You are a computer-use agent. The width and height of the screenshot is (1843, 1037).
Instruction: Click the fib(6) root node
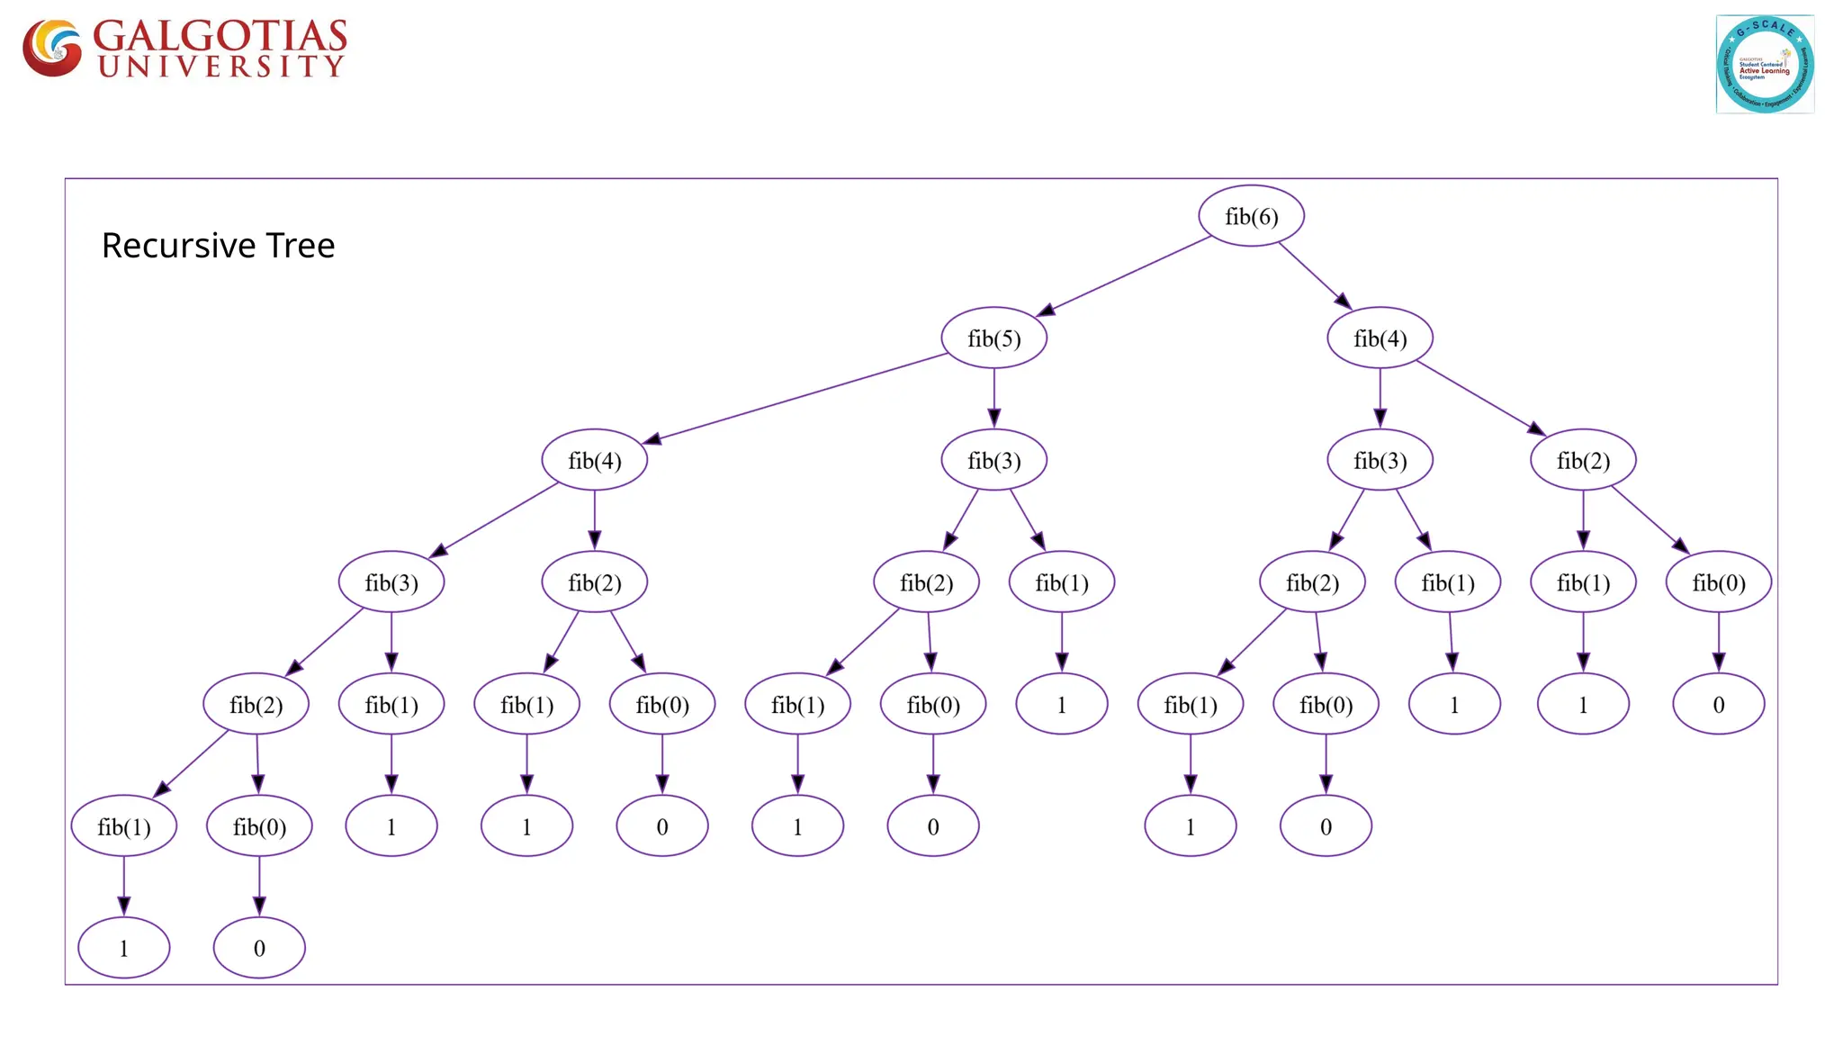tap(1251, 216)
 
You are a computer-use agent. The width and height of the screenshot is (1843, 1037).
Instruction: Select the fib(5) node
tap(993, 338)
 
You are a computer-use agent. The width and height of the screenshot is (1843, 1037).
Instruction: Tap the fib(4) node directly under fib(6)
tap(1380, 338)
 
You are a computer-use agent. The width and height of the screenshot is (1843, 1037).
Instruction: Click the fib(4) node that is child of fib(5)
tap(594, 461)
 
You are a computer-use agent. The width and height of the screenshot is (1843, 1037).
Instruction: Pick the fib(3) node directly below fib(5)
tap(993, 461)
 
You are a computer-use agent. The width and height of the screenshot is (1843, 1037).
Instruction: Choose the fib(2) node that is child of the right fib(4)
tap(1583, 461)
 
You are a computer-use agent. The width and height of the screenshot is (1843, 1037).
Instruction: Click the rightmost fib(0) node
tap(1718, 583)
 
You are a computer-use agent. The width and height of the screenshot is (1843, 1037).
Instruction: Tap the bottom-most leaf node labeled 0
tap(259, 948)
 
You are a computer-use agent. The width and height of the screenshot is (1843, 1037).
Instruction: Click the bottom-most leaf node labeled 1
tap(124, 948)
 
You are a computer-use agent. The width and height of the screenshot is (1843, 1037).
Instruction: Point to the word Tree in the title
tap(301, 246)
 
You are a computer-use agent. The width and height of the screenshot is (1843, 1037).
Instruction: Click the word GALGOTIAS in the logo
tap(220, 36)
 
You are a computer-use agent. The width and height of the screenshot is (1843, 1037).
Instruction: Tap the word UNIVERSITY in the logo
tap(221, 67)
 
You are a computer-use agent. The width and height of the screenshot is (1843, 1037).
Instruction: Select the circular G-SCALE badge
tap(1765, 64)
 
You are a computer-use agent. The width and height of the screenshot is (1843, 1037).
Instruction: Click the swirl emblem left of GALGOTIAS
tap(52, 48)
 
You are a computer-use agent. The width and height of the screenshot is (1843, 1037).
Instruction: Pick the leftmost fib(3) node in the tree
tap(391, 583)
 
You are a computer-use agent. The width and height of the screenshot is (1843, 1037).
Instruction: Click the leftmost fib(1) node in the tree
tap(124, 826)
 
